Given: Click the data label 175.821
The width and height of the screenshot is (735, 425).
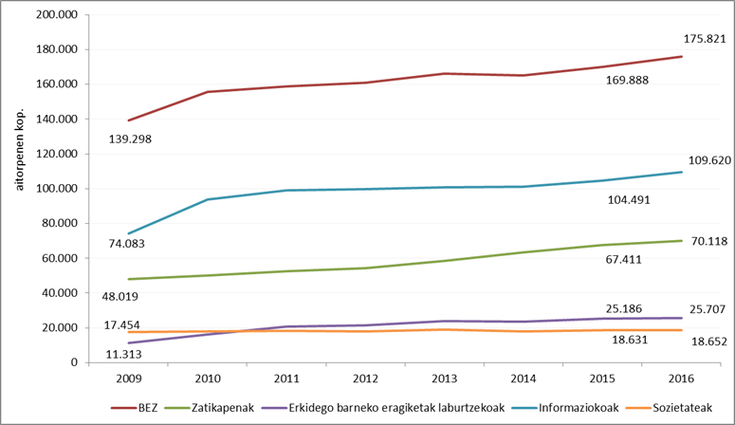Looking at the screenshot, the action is tap(705, 39).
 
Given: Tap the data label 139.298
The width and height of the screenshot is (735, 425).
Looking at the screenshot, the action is tap(130, 139).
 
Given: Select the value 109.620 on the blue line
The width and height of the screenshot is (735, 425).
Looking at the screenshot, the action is tap(709, 161).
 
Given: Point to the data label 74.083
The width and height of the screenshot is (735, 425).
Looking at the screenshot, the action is tap(126, 244).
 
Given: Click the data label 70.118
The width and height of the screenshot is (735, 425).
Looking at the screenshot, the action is tap(709, 242).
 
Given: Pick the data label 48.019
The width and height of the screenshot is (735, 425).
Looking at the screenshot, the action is tap(120, 297).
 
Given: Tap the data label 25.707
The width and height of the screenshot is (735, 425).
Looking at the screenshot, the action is tap(707, 309).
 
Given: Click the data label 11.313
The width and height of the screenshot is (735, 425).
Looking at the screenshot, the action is tap(123, 355).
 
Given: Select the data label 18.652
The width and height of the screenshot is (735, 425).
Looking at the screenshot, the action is tap(709, 342).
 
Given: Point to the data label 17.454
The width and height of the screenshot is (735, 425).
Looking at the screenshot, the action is tap(122, 325).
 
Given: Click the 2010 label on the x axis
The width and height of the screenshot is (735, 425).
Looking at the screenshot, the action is tap(208, 379).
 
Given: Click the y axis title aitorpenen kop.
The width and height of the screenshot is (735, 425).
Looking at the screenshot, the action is tap(20, 151).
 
